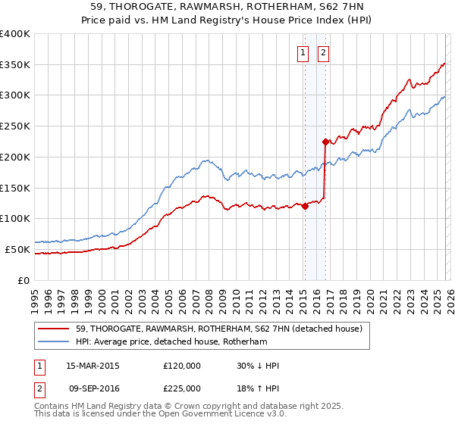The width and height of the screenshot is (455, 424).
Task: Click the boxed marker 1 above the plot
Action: coord(303,52)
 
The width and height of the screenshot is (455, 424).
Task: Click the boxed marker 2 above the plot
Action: coord(323,52)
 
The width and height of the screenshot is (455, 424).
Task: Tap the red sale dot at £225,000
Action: coord(325,141)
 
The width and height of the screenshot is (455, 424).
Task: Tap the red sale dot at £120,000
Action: coord(305,205)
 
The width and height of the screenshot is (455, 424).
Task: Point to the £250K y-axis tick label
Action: coord(15,126)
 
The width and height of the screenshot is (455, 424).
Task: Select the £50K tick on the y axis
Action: coord(17,249)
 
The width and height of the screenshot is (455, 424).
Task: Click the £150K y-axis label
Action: coord(15,188)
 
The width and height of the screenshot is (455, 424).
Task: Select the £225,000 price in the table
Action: coord(181,387)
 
